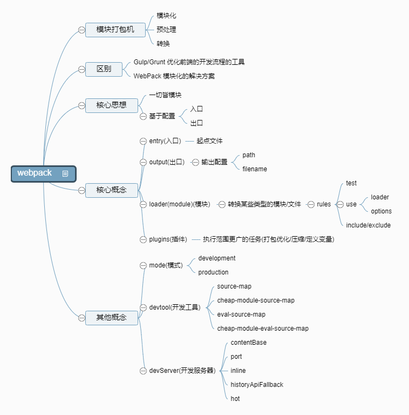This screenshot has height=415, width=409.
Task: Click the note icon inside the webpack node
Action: [65, 173]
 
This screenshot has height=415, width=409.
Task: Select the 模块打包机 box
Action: [115, 29]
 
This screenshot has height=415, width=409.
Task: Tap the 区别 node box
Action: [104, 69]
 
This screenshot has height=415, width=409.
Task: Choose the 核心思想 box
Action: [111, 105]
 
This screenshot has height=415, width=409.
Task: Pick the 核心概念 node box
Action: [111, 190]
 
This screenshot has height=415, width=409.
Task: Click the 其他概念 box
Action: [111, 318]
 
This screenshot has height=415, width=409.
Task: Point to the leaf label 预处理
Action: [166, 30]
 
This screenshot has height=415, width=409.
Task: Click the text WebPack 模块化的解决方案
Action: [174, 76]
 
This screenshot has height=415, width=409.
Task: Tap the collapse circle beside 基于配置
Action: [143, 116]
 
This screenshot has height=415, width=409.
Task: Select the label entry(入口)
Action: [165, 141]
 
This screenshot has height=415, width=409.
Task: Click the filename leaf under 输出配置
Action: [255, 169]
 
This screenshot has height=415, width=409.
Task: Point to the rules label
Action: [324, 204]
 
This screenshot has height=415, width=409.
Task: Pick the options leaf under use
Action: [381, 211]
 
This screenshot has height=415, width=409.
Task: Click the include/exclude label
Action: [368, 225]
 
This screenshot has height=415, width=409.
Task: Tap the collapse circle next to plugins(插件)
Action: [143, 239]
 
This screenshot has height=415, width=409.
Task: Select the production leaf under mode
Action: [213, 272]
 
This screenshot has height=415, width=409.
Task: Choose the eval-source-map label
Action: [241, 314]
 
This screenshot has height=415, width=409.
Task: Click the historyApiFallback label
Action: [257, 385]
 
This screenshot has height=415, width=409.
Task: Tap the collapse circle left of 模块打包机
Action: [81, 29]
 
